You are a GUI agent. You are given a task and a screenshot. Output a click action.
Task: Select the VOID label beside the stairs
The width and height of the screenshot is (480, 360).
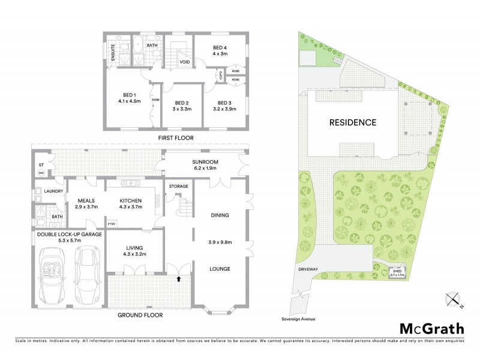pos(185,61)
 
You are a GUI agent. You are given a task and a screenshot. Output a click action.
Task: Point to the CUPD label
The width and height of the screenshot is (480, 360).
pos(220,74)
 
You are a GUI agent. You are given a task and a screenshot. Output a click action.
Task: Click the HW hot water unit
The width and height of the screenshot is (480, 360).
pos(41,173)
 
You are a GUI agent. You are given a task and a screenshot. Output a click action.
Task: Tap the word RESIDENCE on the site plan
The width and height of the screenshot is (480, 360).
pos(353,122)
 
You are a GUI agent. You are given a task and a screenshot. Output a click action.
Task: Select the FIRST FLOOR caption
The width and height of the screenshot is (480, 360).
pos(176,138)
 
